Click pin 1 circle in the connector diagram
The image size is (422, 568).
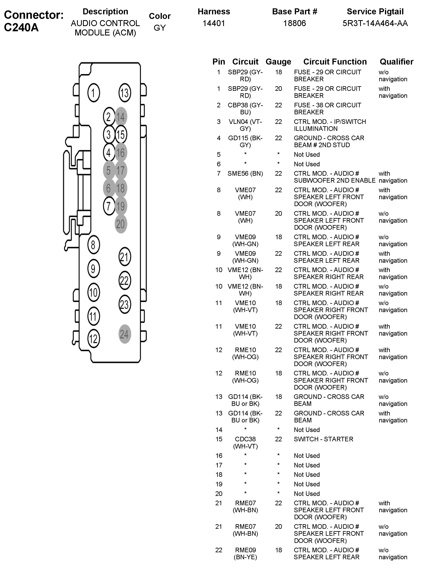click(94, 93)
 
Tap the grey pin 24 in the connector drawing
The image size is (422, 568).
click(125, 334)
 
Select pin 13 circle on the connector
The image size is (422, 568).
click(125, 93)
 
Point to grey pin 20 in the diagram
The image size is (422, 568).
click(121, 224)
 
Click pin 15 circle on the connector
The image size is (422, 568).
click(121, 135)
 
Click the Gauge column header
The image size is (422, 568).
click(278, 62)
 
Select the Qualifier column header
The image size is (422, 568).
click(396, 62)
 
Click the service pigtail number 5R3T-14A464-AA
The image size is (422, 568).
click(375, 23)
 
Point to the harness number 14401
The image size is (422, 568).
click(214, 23)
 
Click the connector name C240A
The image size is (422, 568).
click(21, 27)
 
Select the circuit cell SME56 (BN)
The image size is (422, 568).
click(245, 173)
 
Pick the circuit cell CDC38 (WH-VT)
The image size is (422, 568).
click(245, 443)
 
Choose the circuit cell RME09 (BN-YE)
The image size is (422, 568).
click(245, 553)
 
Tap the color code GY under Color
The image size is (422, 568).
click(160, 28)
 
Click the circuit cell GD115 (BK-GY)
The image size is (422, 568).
click(245, 141)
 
